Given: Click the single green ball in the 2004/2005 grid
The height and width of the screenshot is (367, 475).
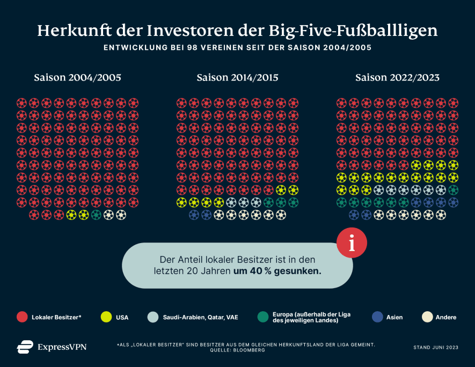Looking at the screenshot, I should (96, 215).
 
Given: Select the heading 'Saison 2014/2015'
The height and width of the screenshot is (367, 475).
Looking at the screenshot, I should (237, 78).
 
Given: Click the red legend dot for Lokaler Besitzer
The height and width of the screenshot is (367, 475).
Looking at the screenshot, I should (22, 317).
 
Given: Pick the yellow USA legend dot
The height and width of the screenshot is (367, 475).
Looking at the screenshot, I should (106, 317).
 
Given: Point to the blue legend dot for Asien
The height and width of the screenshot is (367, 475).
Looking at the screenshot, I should (377, 317).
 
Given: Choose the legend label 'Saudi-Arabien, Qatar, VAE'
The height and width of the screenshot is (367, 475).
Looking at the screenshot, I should (200, 317).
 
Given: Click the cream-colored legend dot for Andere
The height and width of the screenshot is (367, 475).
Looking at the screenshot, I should (427, 317).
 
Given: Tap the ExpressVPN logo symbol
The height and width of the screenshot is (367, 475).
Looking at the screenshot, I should (25, 347).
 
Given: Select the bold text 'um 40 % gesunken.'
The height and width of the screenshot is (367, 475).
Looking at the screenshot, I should (277, 271).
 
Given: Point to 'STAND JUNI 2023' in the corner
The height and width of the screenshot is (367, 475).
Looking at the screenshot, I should (436, 348).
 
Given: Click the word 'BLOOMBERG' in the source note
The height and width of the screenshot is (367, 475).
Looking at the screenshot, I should (252, 350).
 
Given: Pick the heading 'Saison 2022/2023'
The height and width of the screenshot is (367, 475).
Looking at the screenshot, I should (397, 78).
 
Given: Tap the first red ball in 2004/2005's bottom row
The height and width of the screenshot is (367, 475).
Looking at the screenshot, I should (34, 215).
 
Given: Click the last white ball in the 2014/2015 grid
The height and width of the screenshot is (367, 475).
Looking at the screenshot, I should (281, 215).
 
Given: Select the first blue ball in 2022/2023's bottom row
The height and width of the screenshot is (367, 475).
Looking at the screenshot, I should (354, 215).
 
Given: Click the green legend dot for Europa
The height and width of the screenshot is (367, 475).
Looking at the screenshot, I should (262, 317).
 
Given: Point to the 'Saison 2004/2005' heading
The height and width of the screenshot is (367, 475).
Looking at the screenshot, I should (77, 78).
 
